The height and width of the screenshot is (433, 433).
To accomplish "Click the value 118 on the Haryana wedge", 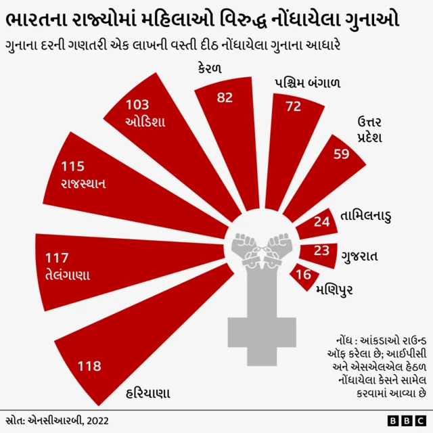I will click(89, 366).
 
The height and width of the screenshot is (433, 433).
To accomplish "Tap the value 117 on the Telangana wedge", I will click(58, 258).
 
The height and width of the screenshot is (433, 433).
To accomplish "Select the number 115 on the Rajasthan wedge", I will click(72, 166).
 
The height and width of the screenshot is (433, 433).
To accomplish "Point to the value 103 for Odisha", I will click(137, 104).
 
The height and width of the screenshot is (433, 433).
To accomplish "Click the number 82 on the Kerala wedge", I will click(225, 97).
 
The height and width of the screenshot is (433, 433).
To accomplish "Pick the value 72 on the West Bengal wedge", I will click(293, 106).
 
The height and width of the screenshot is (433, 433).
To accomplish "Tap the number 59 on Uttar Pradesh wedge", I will click(342, 154).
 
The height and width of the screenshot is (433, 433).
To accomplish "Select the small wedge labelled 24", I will click(321, 221).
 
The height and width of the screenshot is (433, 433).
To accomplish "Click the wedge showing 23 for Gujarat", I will click(322, 250).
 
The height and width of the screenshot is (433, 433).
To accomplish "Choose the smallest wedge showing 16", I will click(304, 275).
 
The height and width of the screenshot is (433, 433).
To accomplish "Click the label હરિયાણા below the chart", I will click(148, 393).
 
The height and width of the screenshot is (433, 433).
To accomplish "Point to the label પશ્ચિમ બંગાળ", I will click(307, 84).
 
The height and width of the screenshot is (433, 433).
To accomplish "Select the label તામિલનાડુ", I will click(365, 216).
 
